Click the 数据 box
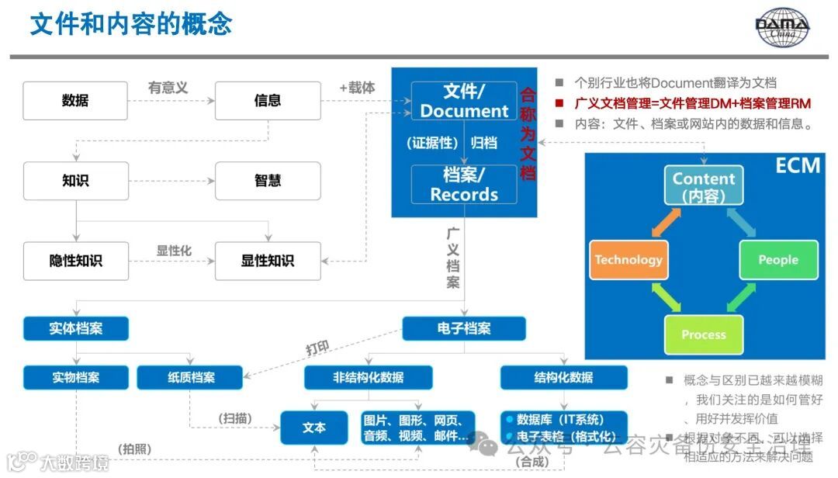[x=75, y=101]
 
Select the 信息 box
[x=268, y=101]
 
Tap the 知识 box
[x=75, y=181]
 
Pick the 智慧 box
[x=268, y=181]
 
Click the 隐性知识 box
[x=75, y=261]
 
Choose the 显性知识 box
[x=268, y=261]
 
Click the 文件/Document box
[x=464, y=101]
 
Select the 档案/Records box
[x=464, y=184]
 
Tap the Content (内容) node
[x=703, y=186]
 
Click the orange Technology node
[x=628, y=260]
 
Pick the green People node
[x=778, y=260]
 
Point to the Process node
[x=703, y=334]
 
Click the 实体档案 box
[x=76, y=328]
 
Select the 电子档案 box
[x=464, y=328]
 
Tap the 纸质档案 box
[x=191, y=378]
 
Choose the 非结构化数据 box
[x=369, y=378]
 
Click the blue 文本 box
[x=314, y=428]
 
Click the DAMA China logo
[x=782, y=28]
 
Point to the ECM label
[x=798, y=165]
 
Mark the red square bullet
[x=559, y=103]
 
